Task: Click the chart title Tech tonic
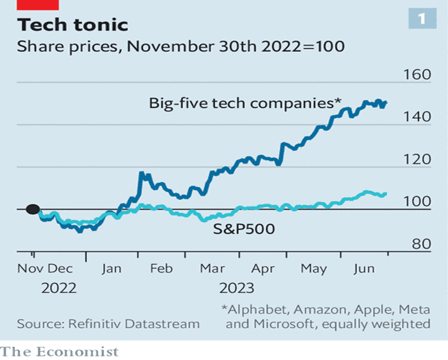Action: (73, 25)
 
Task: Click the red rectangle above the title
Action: (38, 4)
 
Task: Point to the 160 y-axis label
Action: (417, 75)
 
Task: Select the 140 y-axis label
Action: (417, 117)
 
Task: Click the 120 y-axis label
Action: (417, 159)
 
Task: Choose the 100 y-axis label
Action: (417, 202)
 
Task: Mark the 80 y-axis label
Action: (420, 244)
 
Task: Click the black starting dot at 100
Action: (32, 209)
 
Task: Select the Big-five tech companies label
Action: (245, 103)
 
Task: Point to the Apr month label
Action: (263, 270)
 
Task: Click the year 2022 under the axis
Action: (60, 289)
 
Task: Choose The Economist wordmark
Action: (60, 351)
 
